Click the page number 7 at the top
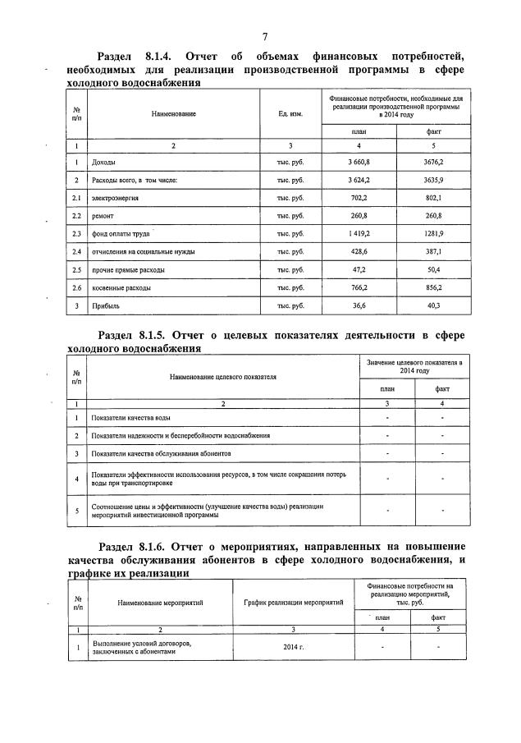click(265, 37)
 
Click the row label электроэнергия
click(115, 198)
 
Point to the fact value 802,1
click(433, 198)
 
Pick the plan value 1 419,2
click(358, 233)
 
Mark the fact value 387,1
click(433, 251)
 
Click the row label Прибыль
click(104, 305)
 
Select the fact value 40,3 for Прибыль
click(433, 305)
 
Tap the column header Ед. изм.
click(290, 113)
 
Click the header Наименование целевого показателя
click(223, 377)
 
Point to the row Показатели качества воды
click(131, 418)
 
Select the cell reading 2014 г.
click(293, 648)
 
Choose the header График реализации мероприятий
click(293, 603)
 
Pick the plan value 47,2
click(359, 269)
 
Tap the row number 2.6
click(76, 287)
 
